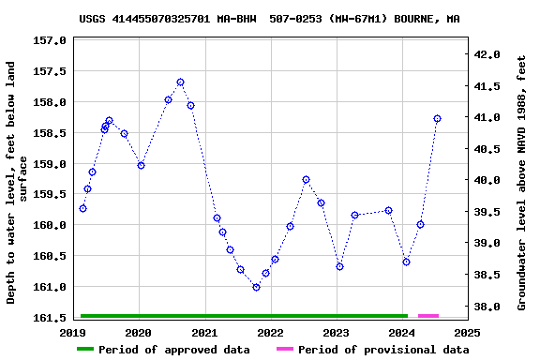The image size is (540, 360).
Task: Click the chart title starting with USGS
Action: (x=269, y=18)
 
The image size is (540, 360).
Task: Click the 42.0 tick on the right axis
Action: (x=487, y=55)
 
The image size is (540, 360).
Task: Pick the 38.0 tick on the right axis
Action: (x=487, y=307)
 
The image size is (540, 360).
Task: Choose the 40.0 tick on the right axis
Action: (x=487, y=181)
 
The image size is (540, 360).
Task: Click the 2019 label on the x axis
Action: (x=72, y=332)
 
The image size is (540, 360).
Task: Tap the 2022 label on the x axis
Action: (x=270, y=332)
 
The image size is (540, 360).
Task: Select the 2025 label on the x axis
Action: (x=467, y=332)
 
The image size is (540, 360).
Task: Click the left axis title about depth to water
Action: (x=18, y=182)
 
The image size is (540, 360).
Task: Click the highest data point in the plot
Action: (x=180, y=82)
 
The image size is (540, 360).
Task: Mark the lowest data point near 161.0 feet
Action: (x=256, y=287)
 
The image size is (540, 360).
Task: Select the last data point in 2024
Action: (x=437, y=119)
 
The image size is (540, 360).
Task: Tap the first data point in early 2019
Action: (x=82, y=208)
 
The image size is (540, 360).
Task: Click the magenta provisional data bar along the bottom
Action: (x=427, y=316)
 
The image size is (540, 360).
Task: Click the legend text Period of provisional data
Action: (x=382, y=350)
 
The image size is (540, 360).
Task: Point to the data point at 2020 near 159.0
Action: (x=141, y=165)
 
